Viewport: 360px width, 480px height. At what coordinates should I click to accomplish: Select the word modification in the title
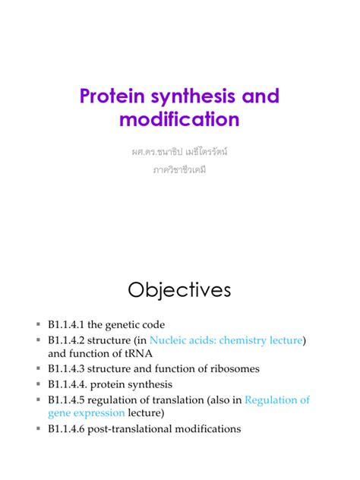point(179,120)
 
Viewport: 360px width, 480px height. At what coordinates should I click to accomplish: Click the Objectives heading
point(179,290)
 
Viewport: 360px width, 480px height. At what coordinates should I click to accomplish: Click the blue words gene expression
point(86,413)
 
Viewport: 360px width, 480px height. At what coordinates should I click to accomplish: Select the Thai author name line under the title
point(179,152)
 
